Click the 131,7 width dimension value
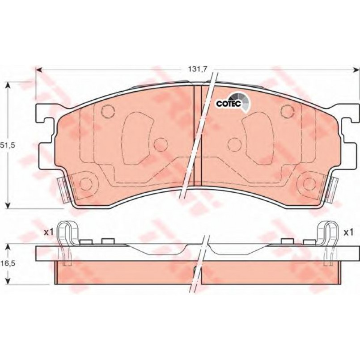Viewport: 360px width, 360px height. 198,68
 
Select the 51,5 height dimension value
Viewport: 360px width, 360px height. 7,145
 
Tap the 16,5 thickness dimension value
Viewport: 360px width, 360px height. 8,263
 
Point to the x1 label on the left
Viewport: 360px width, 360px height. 49,233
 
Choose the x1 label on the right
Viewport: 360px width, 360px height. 348,233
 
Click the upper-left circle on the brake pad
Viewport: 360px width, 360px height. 108,110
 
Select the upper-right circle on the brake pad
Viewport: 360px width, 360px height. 288,110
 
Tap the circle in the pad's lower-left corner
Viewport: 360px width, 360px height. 86,184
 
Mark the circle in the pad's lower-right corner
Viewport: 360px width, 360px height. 309,184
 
